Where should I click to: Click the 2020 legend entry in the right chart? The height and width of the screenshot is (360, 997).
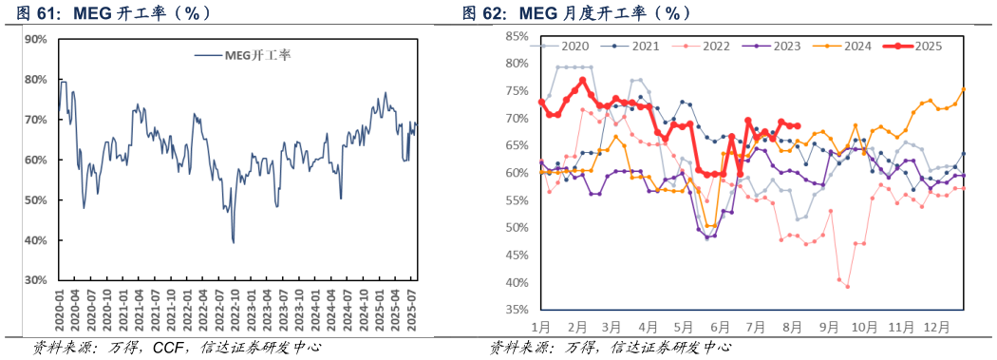[574, 46]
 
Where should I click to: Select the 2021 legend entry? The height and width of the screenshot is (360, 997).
[646, 46]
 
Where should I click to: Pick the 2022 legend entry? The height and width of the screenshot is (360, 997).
[718, 46]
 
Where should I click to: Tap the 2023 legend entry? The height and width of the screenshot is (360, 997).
[788, 46]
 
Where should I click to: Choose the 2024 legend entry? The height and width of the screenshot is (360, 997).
[858, 46]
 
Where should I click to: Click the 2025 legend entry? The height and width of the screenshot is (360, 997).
[928, 46]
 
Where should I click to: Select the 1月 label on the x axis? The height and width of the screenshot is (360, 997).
[541, 326]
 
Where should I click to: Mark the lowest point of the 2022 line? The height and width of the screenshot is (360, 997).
[847, 286]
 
